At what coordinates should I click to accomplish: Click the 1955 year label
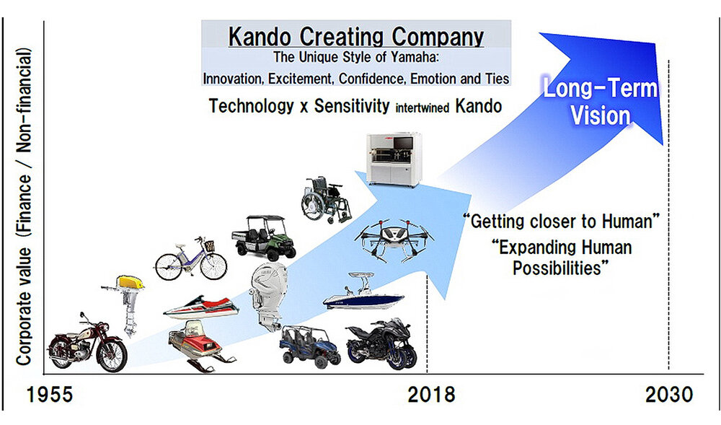click(x=50, y=395)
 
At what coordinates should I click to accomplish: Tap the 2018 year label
click(x=431, y=395)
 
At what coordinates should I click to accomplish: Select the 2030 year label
click(x=669, y=395)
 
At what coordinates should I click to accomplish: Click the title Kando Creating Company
click(x=356, y=37)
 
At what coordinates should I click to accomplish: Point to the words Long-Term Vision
click(x=601, y=102)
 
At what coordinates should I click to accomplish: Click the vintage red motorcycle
click(x=87, y=343)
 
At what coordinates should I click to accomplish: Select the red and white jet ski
click(x=201, y=307)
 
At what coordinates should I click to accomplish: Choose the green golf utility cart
click(x=263, y=237)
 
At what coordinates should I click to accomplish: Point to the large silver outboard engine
click(x=268, y=297)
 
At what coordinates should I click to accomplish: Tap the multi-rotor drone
click(x=394, y=239)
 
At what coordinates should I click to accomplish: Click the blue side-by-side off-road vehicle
click(x=310, y=346)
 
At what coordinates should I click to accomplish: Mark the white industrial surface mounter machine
click(x=394, y=159)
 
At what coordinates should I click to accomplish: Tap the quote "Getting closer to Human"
click(x=562, y=222)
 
